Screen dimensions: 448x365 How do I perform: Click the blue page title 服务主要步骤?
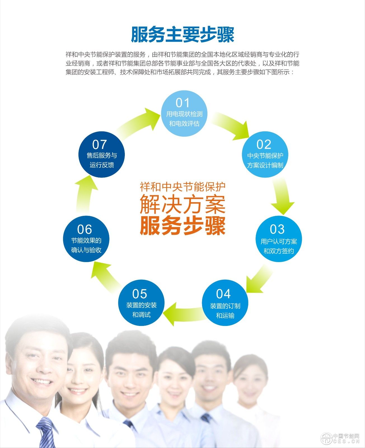182,35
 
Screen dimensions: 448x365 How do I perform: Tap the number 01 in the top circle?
182,103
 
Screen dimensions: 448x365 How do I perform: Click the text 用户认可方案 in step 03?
279,241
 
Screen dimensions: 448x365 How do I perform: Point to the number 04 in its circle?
223,294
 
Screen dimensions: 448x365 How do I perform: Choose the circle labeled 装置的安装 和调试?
141,303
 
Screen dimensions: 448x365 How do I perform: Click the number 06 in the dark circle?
85,230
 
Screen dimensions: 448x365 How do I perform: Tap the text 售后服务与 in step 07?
102,155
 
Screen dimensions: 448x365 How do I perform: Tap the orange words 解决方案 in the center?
182,204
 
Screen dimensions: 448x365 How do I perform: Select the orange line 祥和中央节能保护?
182,187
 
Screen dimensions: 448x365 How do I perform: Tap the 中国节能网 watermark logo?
340,438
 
